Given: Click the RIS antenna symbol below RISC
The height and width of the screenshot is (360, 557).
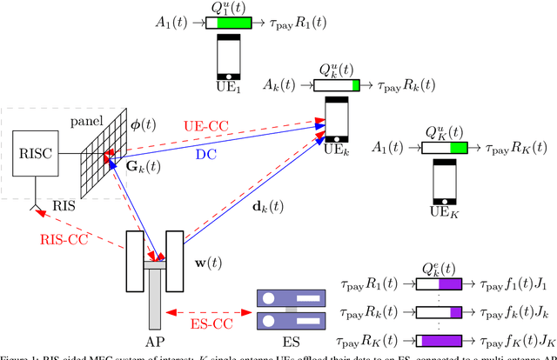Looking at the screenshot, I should (x=35, y=207).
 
